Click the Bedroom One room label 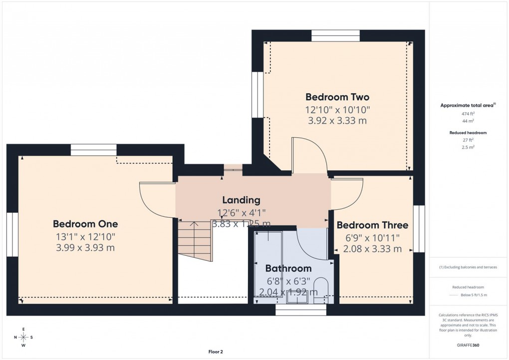(85, 224)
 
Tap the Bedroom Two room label (337, 97)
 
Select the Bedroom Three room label (372, 225)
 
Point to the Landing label (241, 200)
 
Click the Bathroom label (288, 269)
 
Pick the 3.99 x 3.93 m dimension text (85, 248)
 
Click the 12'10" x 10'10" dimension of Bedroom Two (337, 109)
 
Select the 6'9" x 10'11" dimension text (372, 238)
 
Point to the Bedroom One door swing (156, 200)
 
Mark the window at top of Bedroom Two (335, 36)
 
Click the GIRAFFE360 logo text (469, 345)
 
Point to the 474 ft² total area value (468, 114)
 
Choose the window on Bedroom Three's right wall (419, 229)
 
